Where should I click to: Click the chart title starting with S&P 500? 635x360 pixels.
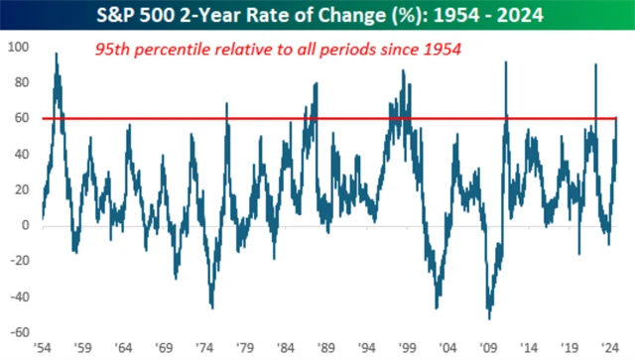tap(317, 15)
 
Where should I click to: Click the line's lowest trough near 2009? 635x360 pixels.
tap(488, 317)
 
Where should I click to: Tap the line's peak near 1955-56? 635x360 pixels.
tap(57, 55)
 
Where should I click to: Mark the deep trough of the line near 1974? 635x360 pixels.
tap(211, 306)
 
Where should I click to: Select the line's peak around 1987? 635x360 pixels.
tap(316, 84)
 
